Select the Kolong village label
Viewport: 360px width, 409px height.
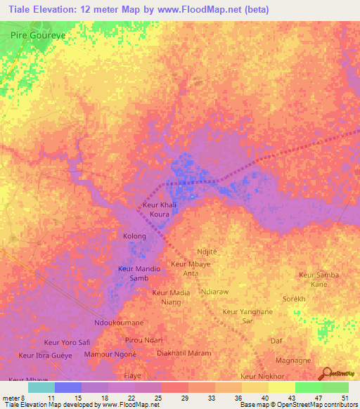[x=134, y=236]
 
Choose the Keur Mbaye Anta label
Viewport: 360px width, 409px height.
[x=190, y=268]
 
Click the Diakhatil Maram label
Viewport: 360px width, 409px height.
[x=184, y=353]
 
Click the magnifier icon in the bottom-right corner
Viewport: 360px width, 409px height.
[x=326, y=375]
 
